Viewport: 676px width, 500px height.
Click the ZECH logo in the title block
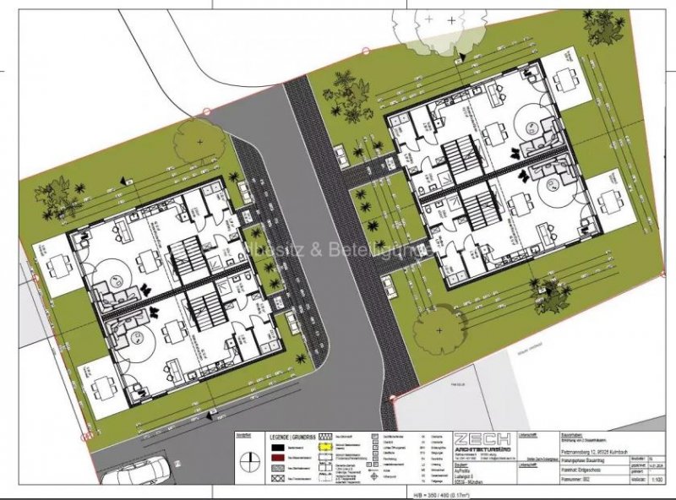[482, 443]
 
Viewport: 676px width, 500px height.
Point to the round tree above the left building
[199, 143]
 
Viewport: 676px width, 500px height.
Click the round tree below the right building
[438, 330]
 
